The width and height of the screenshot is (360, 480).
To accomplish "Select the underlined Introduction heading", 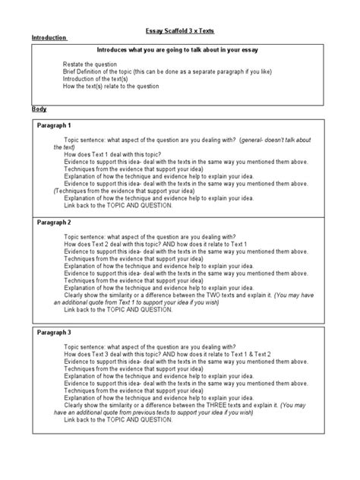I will point(49,38).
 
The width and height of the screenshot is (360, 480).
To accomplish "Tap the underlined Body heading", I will point(39,110).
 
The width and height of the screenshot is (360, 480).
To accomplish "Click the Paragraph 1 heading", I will point(55,125).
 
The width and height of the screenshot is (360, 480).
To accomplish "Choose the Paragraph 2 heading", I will point(55,223).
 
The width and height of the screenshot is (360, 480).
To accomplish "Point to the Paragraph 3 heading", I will point(55,333).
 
